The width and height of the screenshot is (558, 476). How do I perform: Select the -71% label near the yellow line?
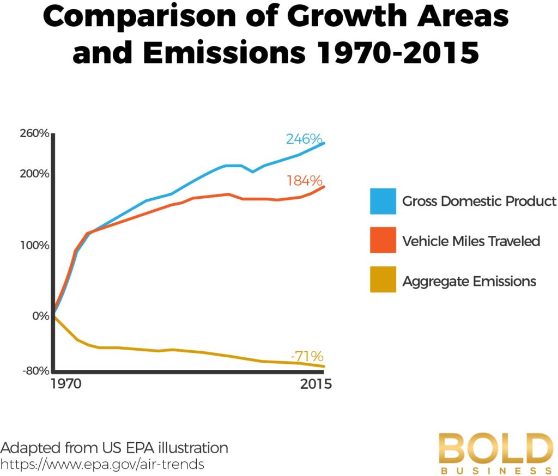point(307,357)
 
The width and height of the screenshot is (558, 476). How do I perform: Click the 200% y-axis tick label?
point(35,174)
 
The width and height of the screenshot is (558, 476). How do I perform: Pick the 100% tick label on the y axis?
point(35,245)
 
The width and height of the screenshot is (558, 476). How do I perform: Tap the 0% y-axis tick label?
point(40,316)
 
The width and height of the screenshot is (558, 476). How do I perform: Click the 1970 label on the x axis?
point(65,385)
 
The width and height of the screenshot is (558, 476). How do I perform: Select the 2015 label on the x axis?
point(316,385)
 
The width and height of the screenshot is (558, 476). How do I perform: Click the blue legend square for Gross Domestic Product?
point(383,202)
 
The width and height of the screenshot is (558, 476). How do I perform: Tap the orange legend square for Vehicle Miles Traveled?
point(383,241)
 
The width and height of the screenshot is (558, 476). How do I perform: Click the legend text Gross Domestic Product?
point(479,202)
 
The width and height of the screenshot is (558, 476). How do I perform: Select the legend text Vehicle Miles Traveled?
point(471,241)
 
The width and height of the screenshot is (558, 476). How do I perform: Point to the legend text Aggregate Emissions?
point(469,282)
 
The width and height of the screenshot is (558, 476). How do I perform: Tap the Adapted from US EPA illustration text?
point(114,448)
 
